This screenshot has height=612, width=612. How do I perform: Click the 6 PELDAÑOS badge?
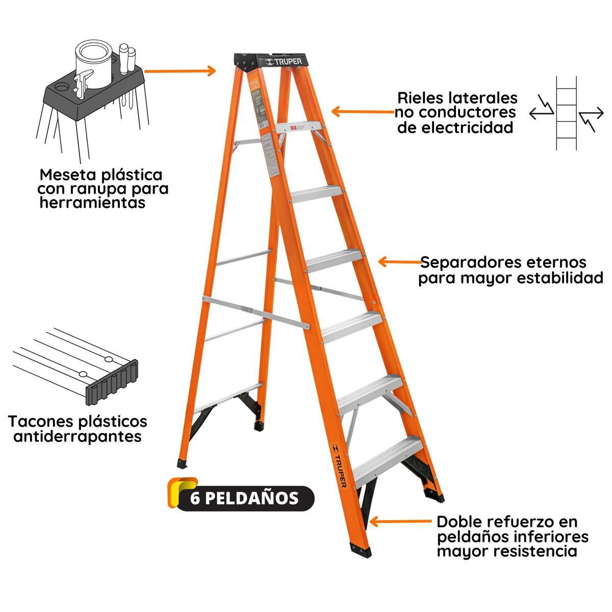click(x=244, y=498)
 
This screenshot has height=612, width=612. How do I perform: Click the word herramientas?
click(x=92, y=203)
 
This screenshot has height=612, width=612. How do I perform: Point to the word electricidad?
click(x=455, y=127)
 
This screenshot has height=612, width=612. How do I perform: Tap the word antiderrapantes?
click(x=78, y=437)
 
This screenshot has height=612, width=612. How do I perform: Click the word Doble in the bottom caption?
click(x=458, y=522)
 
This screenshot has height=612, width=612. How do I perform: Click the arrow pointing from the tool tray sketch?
click(x=180, y=71)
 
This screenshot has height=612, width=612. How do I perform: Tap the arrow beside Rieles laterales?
click(x=362, y=112)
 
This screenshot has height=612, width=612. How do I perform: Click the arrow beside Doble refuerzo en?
click(x=401, y=522)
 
